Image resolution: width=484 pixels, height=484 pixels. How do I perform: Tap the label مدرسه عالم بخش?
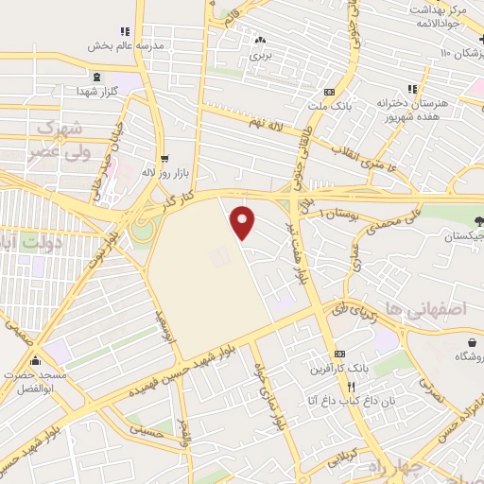(127, 44)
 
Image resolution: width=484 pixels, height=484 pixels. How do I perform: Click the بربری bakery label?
(260, 56)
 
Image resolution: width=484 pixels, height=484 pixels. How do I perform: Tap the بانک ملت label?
(328, 107)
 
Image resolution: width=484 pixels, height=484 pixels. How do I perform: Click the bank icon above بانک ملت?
(328, 93)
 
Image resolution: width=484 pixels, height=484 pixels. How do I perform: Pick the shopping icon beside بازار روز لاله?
(164, 159)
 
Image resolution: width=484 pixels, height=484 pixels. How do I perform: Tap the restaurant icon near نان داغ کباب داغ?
(351, 387)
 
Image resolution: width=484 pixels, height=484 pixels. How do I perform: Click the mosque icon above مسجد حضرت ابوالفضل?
(36, 360)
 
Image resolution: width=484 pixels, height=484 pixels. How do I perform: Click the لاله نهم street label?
(268, 123)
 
